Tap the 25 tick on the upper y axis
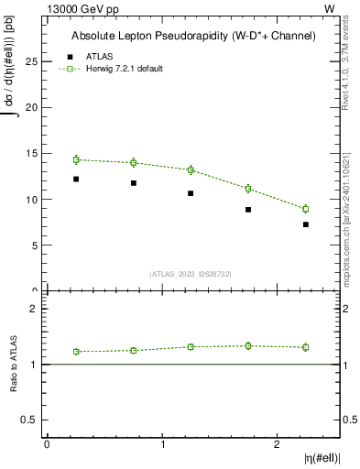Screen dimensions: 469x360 (32, 61)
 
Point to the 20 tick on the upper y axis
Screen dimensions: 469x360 (32, 107)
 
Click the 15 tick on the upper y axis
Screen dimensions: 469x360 (32, 153)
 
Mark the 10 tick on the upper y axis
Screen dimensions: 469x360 (32, 199)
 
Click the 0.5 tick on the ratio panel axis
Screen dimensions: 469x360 (30, 420)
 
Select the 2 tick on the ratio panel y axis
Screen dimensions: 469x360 (34, 309)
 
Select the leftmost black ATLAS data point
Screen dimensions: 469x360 (76, 179)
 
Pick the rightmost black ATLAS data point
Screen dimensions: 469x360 (306, 224)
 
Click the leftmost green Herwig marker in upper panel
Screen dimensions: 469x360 (76, 159)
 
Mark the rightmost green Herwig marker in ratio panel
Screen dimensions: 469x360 (306, 347)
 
